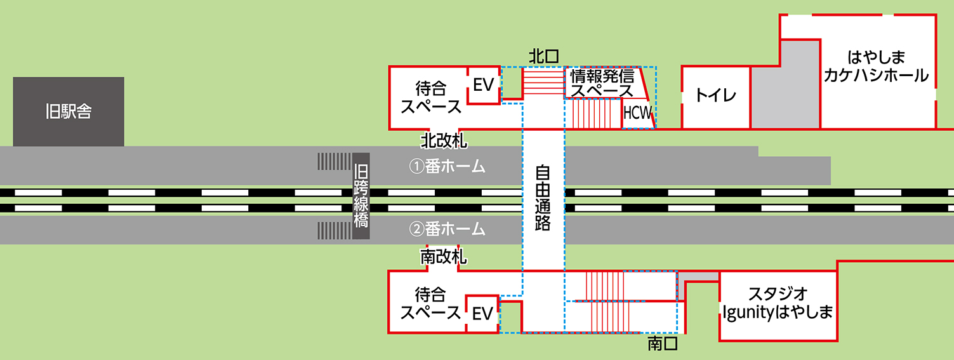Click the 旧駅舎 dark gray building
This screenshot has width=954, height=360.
(69, 112)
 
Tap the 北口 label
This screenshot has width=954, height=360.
(544, 57)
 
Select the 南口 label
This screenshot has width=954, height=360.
(663, 344)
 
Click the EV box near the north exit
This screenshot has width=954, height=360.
(483, 85)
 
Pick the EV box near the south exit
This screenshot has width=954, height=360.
(482, 313)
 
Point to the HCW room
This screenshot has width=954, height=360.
(637, 114)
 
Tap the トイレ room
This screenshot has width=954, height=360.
(715, 97)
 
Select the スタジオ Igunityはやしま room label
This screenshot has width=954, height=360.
(778, 303)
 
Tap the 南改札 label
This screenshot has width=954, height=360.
(444, 257)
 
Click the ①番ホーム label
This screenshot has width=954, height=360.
(447, 167)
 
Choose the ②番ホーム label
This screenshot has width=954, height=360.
(447, 229)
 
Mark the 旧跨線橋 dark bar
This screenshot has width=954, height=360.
(361, 196)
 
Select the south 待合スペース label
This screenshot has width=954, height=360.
(430, 303)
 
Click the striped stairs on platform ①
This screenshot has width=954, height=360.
(335, 161)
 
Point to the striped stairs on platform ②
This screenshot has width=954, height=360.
(335, 230)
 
